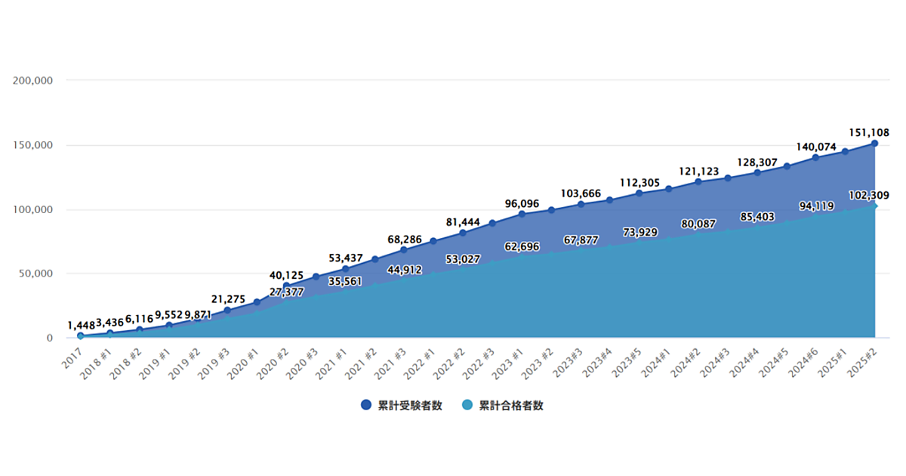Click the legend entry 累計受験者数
402,406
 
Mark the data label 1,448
81,325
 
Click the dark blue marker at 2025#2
874,143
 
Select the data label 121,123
698,172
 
